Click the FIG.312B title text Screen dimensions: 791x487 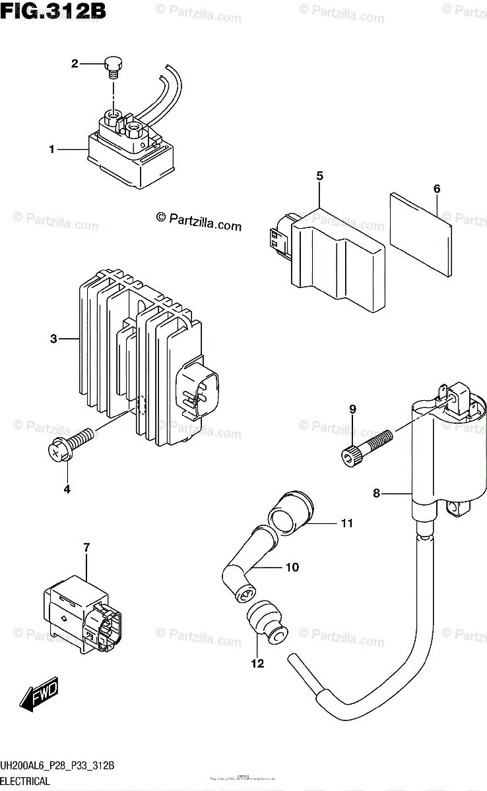coord(53,11)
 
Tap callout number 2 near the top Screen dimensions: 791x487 coord(75,63)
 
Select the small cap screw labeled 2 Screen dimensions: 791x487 coord(113,65)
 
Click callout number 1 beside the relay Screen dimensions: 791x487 coord(51,150)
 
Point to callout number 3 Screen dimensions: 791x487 coord(54,339)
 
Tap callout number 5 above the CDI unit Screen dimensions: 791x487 coord(319,176)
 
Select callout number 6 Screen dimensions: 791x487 coord(437,189)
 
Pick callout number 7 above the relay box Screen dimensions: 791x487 coord(86,546)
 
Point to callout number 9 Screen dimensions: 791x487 coord(352,409)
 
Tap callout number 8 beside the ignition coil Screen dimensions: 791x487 coord(377,493)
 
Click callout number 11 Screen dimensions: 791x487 coord(347,524)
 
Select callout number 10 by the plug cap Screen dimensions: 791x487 coord(292,567)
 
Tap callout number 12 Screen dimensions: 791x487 coord(257,663)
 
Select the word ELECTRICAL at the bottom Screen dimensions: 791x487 coord(26,781)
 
